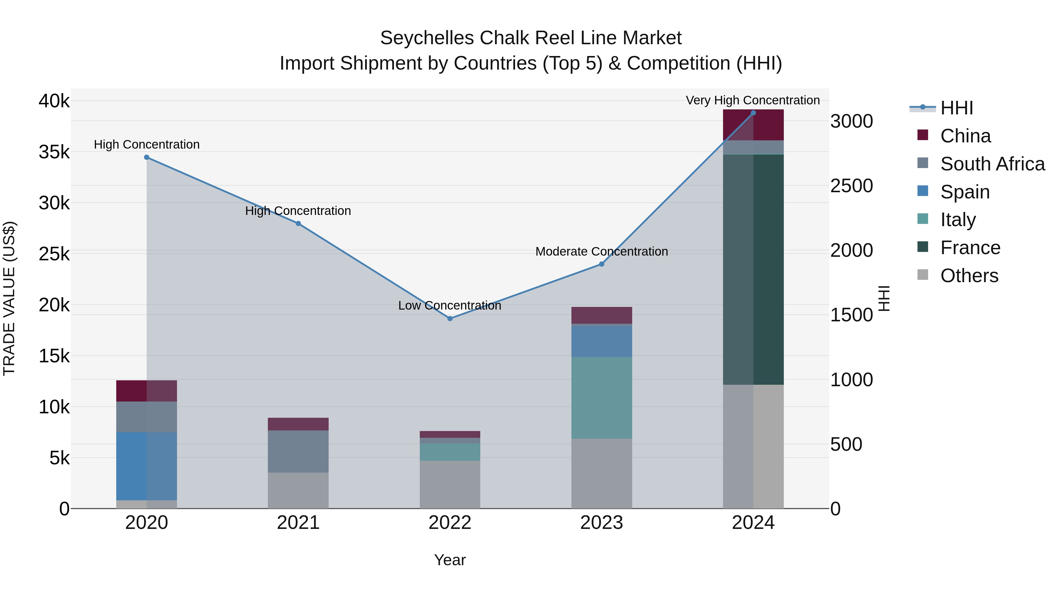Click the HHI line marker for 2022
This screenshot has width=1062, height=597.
tap(450, 318)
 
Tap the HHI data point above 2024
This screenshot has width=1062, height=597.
tap(753, 113)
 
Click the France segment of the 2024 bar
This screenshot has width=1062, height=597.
tap(753, 269)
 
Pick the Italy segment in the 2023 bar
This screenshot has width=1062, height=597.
tap(602, 398)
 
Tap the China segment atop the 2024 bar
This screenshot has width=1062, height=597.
tap(753, 125)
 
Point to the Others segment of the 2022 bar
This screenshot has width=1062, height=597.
tap(450, 484)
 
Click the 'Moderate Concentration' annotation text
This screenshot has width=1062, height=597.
tap(602, 251)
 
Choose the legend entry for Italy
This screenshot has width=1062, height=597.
tap(958, 220)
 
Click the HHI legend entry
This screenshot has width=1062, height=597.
tap(956, 108)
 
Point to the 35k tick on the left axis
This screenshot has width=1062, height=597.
tap(54, 152)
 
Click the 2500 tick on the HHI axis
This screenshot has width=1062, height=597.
tap(851, 186)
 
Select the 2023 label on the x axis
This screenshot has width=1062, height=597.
tap(602, 523)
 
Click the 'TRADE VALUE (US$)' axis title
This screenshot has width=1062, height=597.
tap(9, 298)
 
